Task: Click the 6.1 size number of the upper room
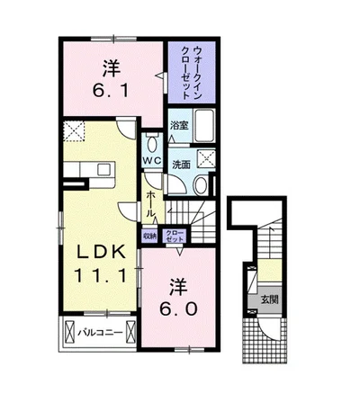111,90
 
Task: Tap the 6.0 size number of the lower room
178,308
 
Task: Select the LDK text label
101,252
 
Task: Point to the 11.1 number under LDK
100,276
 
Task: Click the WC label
152,160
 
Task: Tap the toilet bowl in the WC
153,145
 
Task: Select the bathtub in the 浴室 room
204,126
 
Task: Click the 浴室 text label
179,125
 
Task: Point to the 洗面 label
182,165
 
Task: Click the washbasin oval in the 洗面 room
201,185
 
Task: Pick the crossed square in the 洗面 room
206,159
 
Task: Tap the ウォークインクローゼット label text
191,72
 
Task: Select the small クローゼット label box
175,237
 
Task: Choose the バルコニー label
101,333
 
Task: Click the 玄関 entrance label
269,299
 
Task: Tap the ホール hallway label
150,204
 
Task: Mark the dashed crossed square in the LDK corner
74,131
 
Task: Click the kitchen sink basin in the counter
104,170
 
